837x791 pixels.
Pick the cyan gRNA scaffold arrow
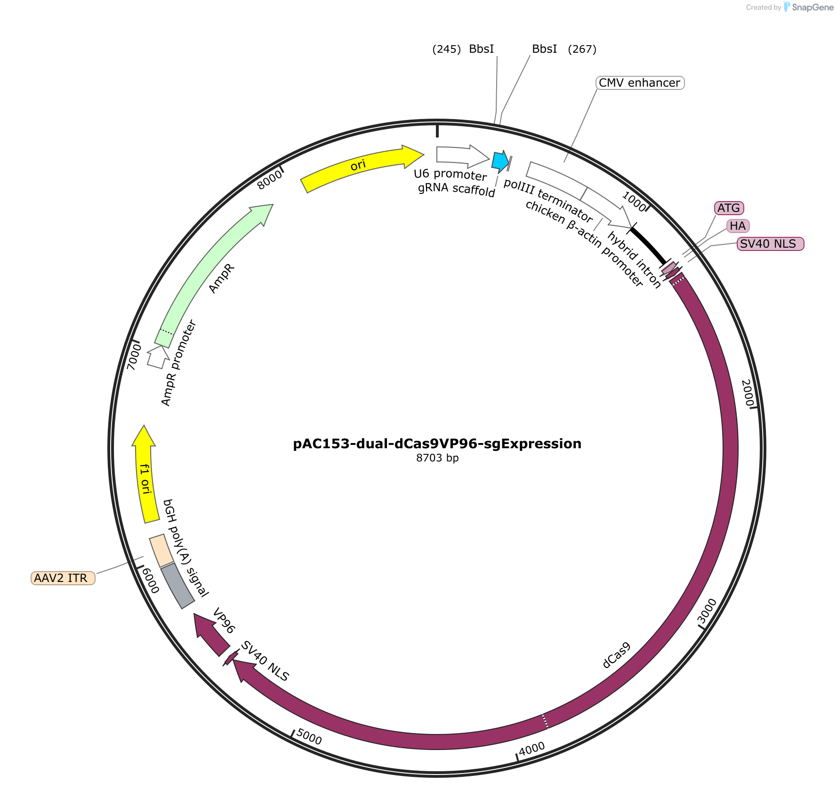pos(500,161)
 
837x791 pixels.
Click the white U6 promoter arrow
pos(463,157)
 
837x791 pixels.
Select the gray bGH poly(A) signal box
pos(177,586)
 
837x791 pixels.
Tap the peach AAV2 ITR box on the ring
pos(161,551)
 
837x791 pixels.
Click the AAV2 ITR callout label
pos(63,578)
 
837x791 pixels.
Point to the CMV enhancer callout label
pos(640,83)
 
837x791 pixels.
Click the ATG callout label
pos(729,208)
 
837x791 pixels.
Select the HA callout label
pos(738,226)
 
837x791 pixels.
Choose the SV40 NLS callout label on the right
pos(770,244)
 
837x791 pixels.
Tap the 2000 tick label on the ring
pos(748,393)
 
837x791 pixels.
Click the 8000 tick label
pos(270,179)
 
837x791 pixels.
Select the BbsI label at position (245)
pos(482,49)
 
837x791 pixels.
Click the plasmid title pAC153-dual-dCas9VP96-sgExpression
pos(437,444)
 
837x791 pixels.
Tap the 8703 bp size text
pos(437,458)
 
